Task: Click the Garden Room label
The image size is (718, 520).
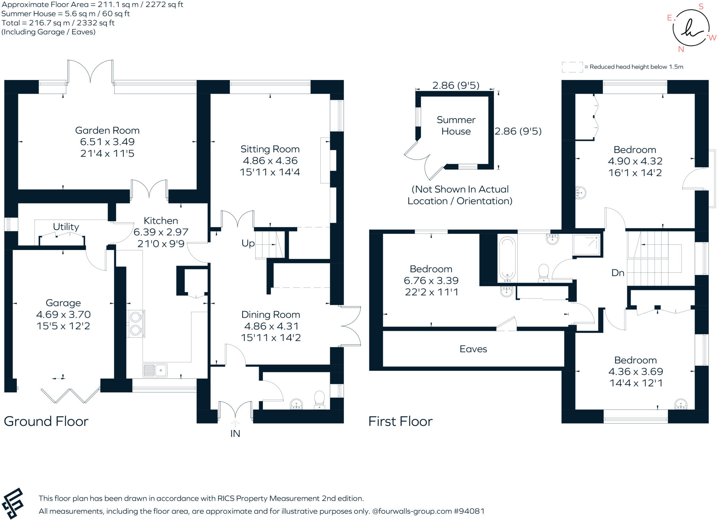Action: pos(107,130)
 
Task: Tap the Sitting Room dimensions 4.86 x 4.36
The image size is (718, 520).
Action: pos(270,161)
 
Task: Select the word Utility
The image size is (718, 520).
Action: pos(66,227)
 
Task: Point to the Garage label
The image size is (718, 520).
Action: pos(63,303)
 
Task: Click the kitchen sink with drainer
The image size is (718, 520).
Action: pos(155,370)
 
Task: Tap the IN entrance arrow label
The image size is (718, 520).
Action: pos(235,434)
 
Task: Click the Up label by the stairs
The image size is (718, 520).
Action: pos(248,243)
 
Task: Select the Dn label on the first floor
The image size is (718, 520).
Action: pos(618,273)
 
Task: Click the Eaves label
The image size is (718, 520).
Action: pos(473,349)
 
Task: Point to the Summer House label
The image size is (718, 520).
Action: pos(456,126)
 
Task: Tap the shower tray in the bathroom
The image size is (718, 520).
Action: pos(587,244)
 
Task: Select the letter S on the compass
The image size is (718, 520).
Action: pos(701,7)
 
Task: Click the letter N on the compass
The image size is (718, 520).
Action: pos(681,49)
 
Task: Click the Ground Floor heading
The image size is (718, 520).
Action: pos(46,421)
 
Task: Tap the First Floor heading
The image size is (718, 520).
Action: pos(400,421)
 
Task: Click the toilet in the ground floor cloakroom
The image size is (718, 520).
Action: pos(319,400)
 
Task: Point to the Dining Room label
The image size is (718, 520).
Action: pos(271,315)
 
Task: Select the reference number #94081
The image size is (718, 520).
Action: pos(469,511)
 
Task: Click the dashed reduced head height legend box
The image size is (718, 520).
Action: pos(572,67)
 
